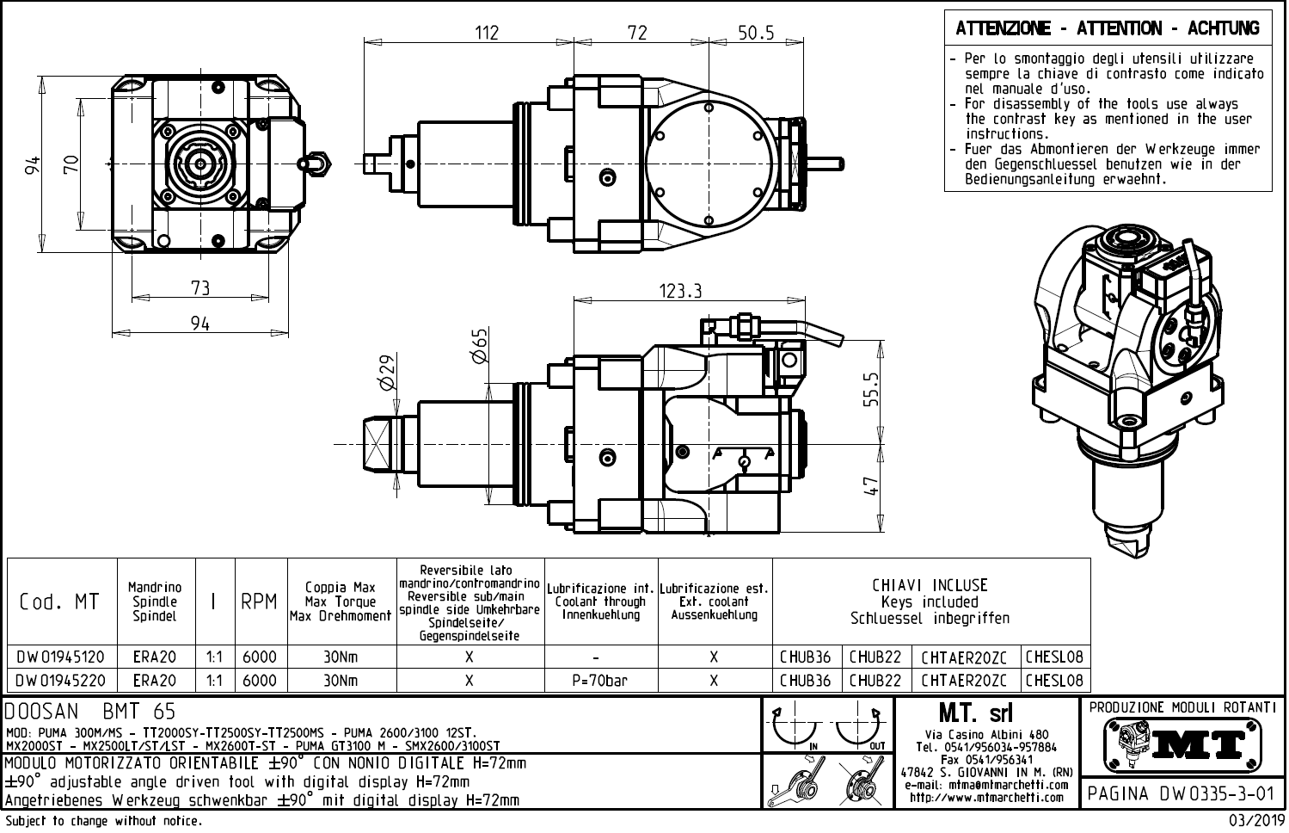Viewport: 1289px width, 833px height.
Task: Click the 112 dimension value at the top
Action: point(487,33)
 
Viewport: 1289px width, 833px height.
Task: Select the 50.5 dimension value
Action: point(756,33)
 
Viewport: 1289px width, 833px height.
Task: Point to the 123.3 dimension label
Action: point(681,291)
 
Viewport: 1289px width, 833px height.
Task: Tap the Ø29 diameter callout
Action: point(386,372)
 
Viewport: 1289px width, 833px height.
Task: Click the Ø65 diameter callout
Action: point(480,345)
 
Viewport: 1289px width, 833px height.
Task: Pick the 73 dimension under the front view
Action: point(199,287)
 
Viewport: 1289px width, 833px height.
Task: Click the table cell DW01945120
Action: point(61,657)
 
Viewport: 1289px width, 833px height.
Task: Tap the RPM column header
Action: point(259,602)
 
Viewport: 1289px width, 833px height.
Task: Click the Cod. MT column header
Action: point(59,602)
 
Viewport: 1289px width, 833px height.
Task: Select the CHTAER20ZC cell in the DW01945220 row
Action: point(963,681)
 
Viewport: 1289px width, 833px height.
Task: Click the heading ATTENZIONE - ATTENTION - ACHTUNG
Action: point(1108,28)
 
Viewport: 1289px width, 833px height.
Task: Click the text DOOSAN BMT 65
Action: point(90,712)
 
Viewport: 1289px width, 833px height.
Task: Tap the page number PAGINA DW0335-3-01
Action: point(1180,793)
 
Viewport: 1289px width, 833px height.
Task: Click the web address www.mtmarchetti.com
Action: point(987,798)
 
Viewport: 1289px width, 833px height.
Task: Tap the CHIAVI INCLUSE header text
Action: point(930,585)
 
